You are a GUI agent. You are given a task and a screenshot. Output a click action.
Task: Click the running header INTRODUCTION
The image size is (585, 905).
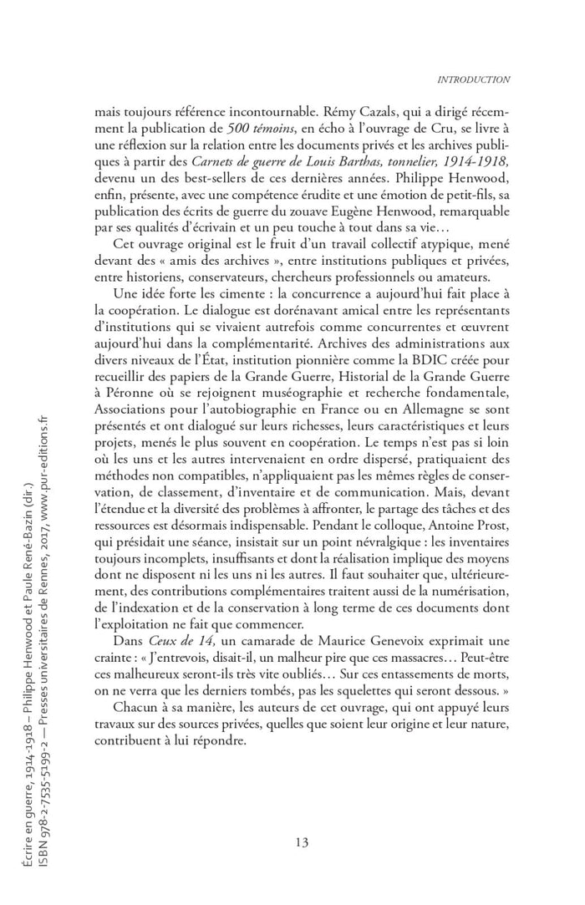473,79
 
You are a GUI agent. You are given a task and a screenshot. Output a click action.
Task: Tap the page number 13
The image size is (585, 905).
302,841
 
